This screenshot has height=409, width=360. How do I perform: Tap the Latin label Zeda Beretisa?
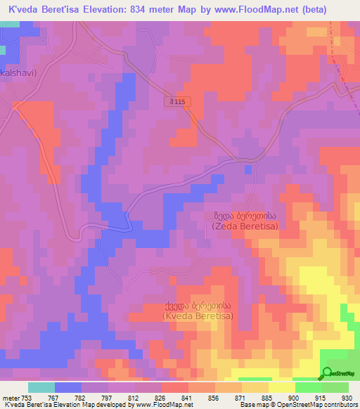coord(245,226)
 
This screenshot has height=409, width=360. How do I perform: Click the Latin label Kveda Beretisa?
coord(198,317)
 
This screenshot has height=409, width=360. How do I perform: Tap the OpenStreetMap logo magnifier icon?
coord(328,373)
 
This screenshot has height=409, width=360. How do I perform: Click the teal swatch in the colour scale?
coord(41,387)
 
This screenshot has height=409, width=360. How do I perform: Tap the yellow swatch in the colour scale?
coord(281,387)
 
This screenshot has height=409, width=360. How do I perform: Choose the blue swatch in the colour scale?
coord(68,387)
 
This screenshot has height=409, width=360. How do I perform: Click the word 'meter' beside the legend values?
coord(10,398)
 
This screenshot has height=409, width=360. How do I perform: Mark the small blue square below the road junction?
coord(247,169)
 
